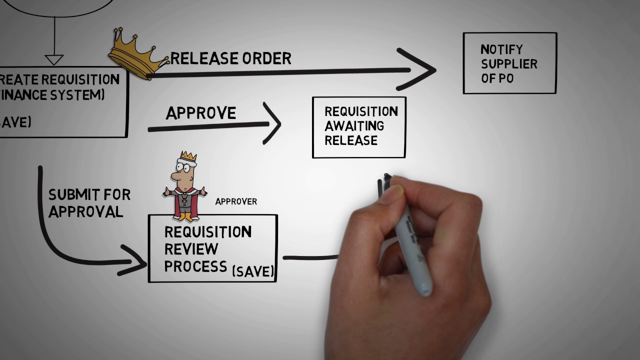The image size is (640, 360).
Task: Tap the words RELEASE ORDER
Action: click(231, 58)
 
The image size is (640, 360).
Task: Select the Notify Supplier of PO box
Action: click(509, 63)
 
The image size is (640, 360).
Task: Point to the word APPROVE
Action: click(200, 113)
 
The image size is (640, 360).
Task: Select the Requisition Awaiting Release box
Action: click(359, 127)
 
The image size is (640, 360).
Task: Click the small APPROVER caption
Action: click(236, 201)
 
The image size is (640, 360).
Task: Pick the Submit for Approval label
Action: click(88, 202)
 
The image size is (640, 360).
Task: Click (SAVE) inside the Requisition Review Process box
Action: click(253, 271)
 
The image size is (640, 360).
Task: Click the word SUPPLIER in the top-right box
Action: click(509, 64)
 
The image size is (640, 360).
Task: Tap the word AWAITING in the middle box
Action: click(354, 125)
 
